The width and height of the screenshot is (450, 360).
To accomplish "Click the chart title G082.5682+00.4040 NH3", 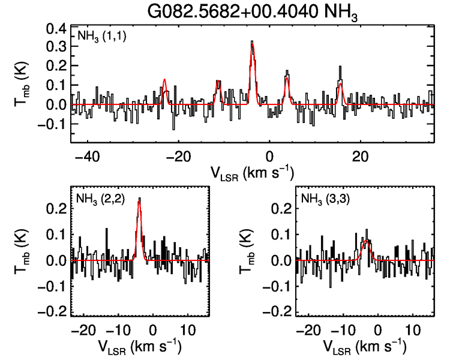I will point(254,12).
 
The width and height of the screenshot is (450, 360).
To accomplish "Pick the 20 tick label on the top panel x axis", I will point(359,157).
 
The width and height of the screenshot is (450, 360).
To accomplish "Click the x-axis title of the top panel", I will point(252,173).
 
